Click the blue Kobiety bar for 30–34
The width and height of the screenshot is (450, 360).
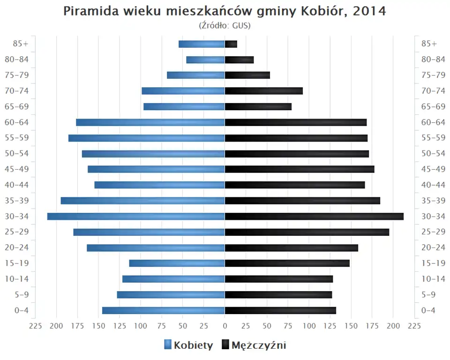pyautogui.click(x=136, y=216)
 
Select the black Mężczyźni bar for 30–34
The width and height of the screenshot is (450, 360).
pyautogui.click(x=314, y=216)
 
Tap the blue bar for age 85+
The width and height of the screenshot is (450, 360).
pyautogui.click(x=202, y=44)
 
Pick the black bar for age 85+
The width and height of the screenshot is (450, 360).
pyautogui.click(x=231, y=44)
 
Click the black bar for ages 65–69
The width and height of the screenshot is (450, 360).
pyautogui.click(x=258, y=106)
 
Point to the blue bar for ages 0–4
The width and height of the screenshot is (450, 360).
pyautogui.click(x=164, y=310)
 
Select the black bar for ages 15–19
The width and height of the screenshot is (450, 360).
pyautogui.click(x=287, y=263)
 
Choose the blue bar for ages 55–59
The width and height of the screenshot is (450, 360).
pyautogui.click(x=147, y=138)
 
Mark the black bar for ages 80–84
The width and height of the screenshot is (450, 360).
pyautogui.click(x=239, y=60)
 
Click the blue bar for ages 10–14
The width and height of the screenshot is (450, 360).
pyautogui.click(x=173, y=279)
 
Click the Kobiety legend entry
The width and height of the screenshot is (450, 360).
pyautogui.click(x=188, y=345)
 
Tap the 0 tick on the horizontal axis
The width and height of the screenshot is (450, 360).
pyautogui.click(x=225, y=326)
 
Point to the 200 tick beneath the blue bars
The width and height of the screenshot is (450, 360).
pyautogui.click(x=57, y=326)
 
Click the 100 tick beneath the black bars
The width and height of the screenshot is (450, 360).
pyautogui.click(x=309, y=326)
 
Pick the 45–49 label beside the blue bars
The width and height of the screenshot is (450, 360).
pyautogui.click(x=17, y=169)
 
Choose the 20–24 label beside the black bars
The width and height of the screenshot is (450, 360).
pyautogui.click(x=433, y=247)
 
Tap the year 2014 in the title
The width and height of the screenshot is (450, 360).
pyautogui.click(x=370, y=11)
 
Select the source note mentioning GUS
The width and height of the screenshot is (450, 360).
pyautogui.click(x=225, y=25)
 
